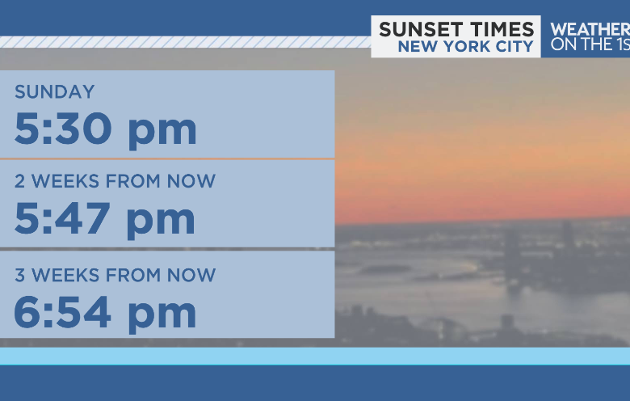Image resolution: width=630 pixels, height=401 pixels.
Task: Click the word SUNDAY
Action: point(54,92)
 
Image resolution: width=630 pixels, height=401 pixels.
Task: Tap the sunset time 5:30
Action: point(65,129)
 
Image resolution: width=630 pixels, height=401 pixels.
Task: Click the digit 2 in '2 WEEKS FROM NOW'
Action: point(20,181)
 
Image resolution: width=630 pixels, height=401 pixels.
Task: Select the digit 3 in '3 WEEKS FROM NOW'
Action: point(20,275)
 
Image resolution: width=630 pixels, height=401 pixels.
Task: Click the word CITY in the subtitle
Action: point(514,47)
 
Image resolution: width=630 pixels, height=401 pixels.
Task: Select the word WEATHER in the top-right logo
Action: point(589,29)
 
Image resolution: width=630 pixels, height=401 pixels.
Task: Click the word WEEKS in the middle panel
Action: point(63,181)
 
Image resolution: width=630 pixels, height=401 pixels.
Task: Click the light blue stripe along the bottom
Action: point(315,356)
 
